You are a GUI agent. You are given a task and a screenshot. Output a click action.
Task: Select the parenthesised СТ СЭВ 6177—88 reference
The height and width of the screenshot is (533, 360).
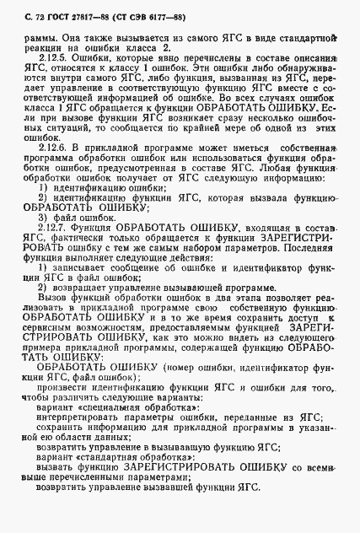click(139, 10)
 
